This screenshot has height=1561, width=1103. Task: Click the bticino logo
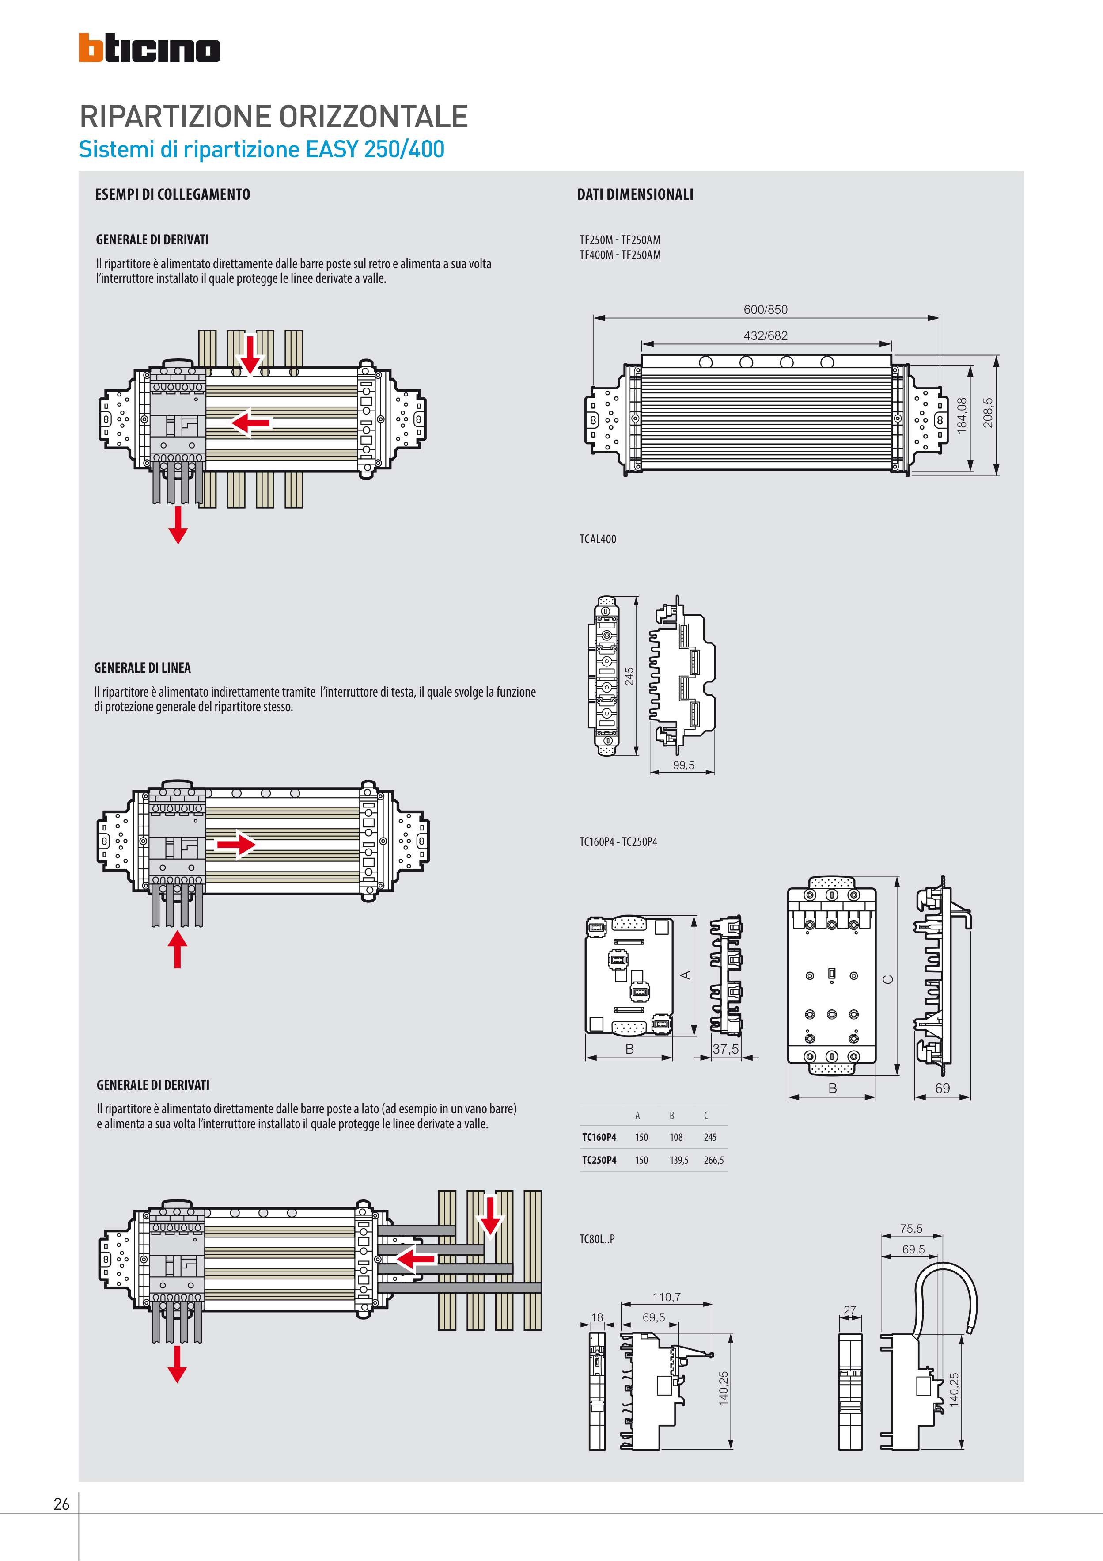[149, 48]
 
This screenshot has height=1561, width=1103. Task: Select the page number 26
[61, 1504]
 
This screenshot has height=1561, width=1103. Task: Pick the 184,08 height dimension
[962, 415]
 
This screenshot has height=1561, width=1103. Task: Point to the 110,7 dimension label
[666, 1297]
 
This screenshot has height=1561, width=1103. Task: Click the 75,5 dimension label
[911, 1229]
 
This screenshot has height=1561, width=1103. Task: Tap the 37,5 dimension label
[725, 1049]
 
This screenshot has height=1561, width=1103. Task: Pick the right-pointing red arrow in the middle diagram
[236, 845]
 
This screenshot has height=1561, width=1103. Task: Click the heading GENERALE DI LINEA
[142, 668]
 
